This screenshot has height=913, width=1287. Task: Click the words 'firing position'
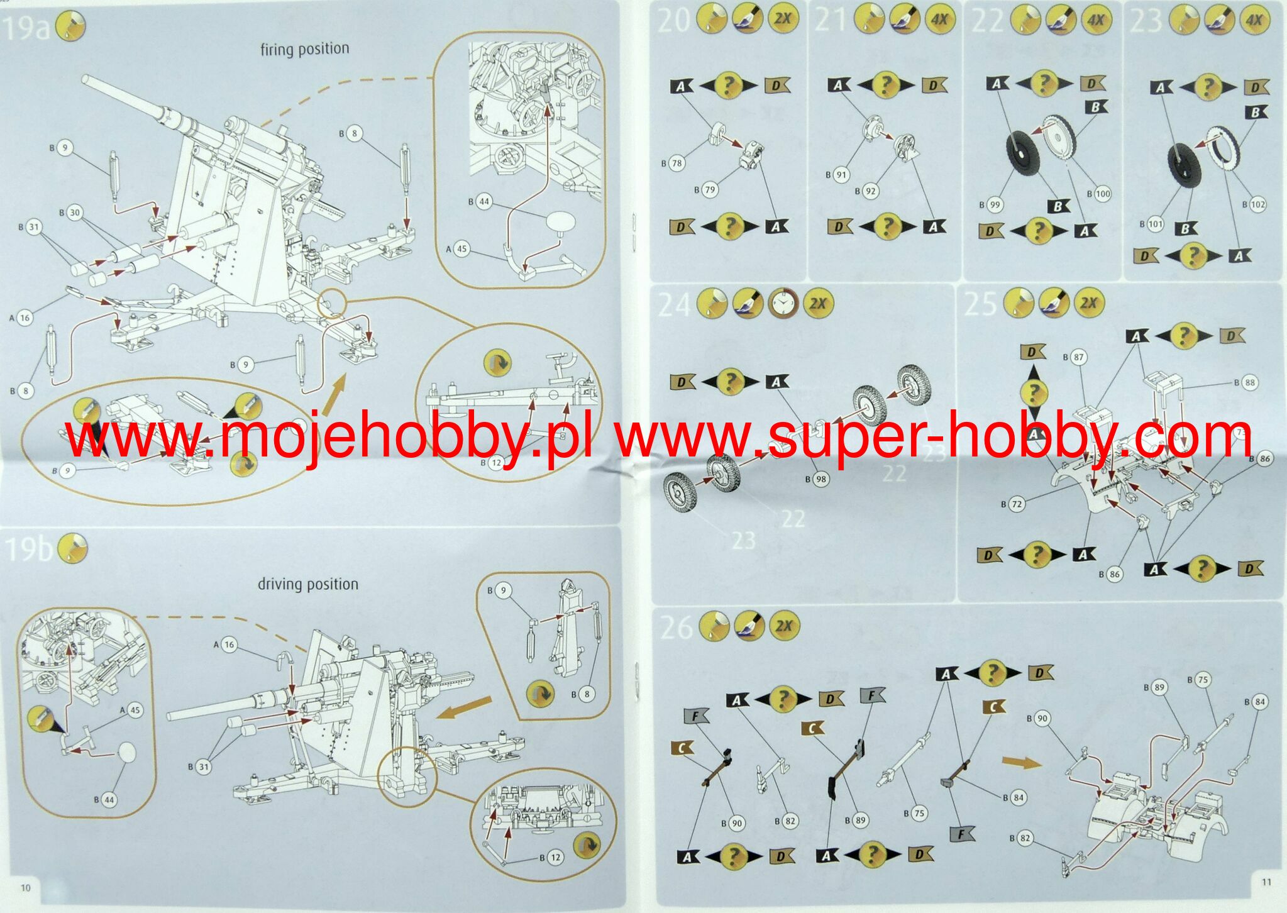coord(304,49)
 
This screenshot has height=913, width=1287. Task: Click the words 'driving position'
coord(307,584)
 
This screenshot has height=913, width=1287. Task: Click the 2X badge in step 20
coord(782,19)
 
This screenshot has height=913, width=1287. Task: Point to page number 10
coord(25,888)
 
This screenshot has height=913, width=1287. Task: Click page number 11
coord(1266,882)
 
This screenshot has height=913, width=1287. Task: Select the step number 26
coord(675,628)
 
